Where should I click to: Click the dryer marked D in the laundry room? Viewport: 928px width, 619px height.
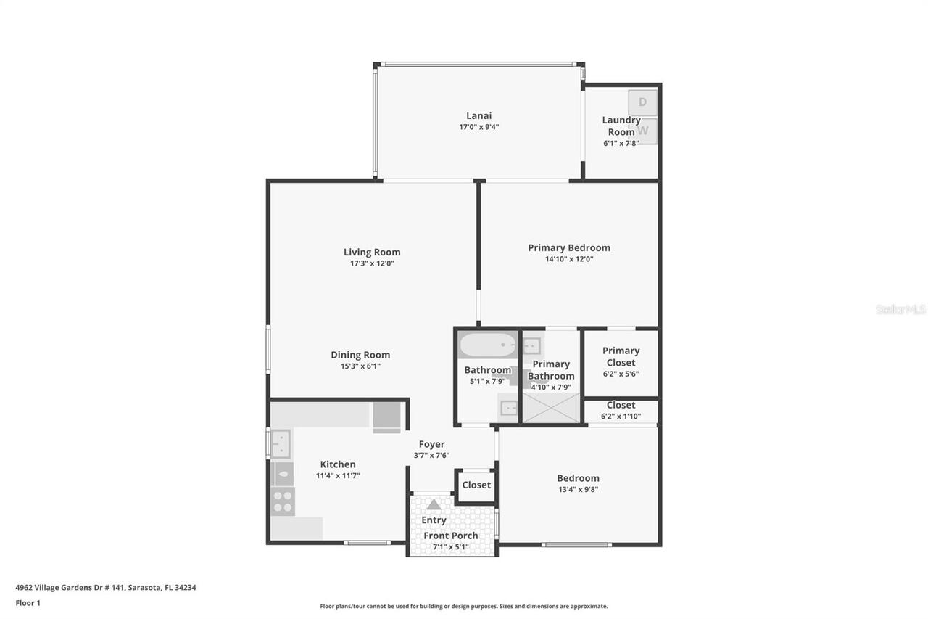(642, 102)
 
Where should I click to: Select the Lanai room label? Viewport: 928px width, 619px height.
(478, 115)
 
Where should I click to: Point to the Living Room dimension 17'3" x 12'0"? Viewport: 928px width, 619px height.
(372, 263)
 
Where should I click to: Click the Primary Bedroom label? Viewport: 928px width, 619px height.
(569, 247)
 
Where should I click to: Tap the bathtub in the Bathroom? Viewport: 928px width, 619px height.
(486, 345)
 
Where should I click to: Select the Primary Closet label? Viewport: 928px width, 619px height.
(621, 356)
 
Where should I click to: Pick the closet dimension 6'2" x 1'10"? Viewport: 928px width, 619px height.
(621, 417)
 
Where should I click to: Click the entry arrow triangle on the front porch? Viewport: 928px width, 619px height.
(434, 504)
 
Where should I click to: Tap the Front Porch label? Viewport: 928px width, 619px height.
(451, 536)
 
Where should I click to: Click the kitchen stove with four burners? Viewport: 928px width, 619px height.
(283, 501)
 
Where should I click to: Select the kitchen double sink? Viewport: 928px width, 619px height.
(281, 443)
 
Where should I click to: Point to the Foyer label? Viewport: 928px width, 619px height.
(432, 444)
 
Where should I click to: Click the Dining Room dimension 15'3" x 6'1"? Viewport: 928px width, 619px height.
(360, 366)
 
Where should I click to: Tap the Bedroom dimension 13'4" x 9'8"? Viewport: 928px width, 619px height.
(578, 489)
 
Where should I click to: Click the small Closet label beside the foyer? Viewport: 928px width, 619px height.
(476, 485)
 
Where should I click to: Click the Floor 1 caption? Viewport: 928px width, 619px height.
(28, 603)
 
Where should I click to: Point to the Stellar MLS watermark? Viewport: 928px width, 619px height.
(900, 309)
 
